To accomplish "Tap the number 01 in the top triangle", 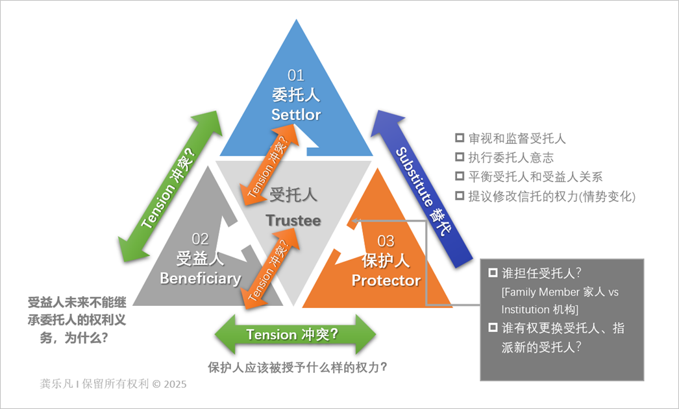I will pos(296,75).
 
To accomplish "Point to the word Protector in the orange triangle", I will pos(386,280).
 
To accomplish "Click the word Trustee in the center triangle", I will pos(293,220).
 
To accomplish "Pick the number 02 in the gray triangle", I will pos(201,240).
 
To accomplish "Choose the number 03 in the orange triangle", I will pos(386,241).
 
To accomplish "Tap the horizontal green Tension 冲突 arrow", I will pos(295,334).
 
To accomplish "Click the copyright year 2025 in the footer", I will pos(175,384).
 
